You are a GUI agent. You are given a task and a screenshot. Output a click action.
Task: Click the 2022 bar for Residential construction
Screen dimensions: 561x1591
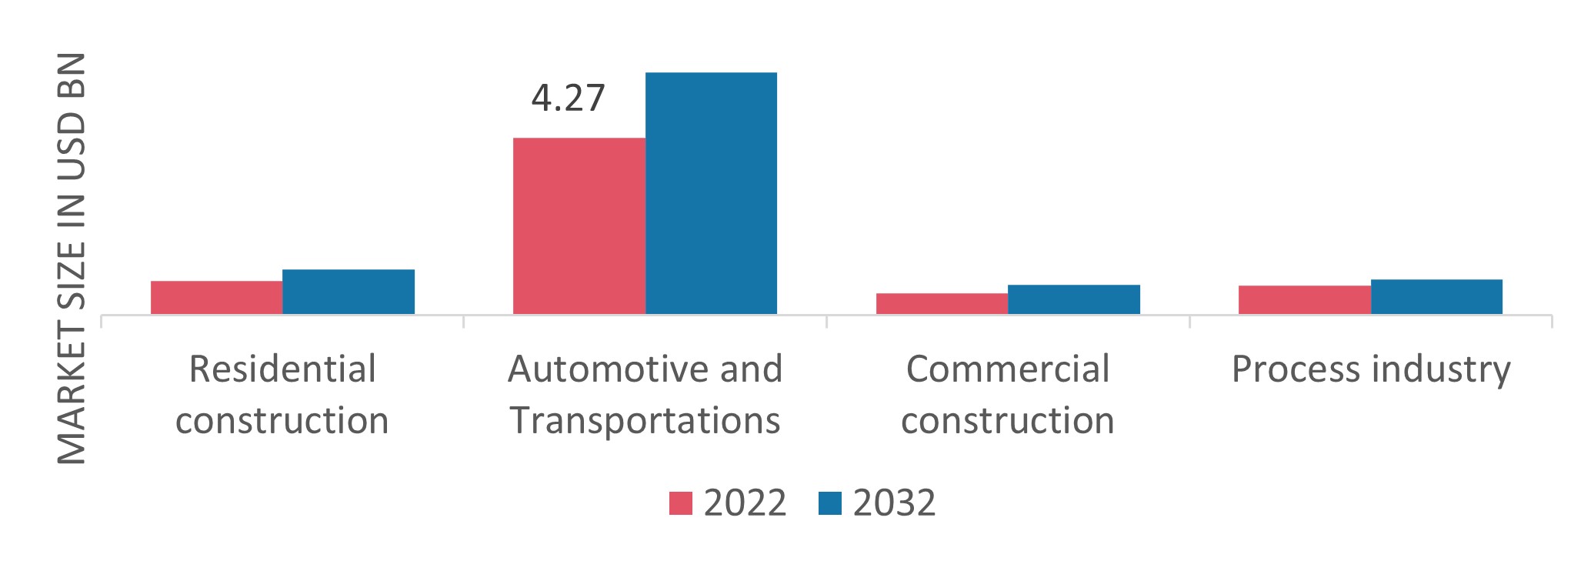(216, 298)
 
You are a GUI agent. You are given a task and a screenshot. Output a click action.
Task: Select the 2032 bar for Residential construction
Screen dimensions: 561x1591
(349, 292)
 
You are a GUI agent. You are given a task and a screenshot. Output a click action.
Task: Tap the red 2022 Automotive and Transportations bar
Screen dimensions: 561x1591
(579, 225)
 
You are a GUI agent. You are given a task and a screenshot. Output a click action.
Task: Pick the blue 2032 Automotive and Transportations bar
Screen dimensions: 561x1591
(711, 193)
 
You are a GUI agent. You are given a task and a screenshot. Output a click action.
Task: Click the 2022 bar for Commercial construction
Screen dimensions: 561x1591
(942, 304)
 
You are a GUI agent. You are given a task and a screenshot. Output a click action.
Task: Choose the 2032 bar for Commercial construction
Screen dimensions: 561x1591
(1074, 299)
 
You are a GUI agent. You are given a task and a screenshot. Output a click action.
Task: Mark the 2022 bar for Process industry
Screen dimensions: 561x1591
(1304, 300)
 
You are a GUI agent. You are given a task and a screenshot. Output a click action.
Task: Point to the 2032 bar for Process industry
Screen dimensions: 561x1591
(1436, 297)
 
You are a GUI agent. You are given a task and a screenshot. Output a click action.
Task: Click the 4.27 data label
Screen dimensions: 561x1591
(568, 99)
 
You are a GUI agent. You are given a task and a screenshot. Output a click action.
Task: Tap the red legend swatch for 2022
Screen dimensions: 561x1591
(681, 503)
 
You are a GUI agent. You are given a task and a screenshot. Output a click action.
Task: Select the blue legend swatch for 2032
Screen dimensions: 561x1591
(830, 503)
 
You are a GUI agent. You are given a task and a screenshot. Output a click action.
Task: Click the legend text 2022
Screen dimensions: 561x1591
(745, 503)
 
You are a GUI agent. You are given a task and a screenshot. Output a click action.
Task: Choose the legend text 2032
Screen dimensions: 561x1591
(894, 503)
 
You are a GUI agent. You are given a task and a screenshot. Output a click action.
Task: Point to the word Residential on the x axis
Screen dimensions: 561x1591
(282, 369)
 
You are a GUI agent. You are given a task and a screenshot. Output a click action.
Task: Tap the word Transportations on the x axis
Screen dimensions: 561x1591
(645, 421)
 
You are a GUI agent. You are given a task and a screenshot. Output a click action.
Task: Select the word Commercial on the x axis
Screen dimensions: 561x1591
(1007, 369)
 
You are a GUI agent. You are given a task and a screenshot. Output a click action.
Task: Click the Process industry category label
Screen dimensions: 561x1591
(1370, 369)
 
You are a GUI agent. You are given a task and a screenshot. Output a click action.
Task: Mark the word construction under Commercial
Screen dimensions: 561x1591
(1007, 421)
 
